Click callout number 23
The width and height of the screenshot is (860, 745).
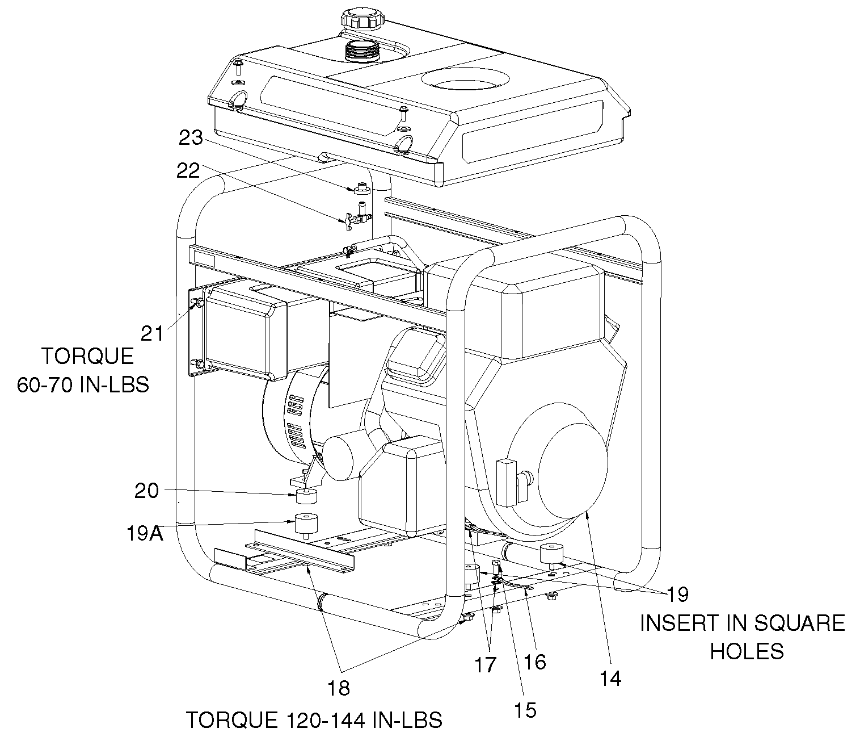pyautogui.click(x=191, y=138)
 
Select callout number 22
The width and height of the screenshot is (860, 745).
pyautogui.click(x=188, y=171)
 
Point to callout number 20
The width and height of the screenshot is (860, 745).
pyautogui.click(x=146, y=491)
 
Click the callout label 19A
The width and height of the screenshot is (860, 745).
pyautogui.click(x=145, y=533)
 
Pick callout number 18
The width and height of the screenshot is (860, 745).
pyautogui.click(x=339, y=688)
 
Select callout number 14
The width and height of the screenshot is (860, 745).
pyautogui.click(x=610, y=679)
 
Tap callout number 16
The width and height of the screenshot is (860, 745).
pyautogui.click(x=535, y=662)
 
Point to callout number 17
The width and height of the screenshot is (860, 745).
pyautogui.click(x=486, y=665)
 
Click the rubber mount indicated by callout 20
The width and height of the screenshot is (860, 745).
pyautogui.click(x=306, y=497)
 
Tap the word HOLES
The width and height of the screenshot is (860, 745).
pyautogui.click(x=747, y=651)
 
